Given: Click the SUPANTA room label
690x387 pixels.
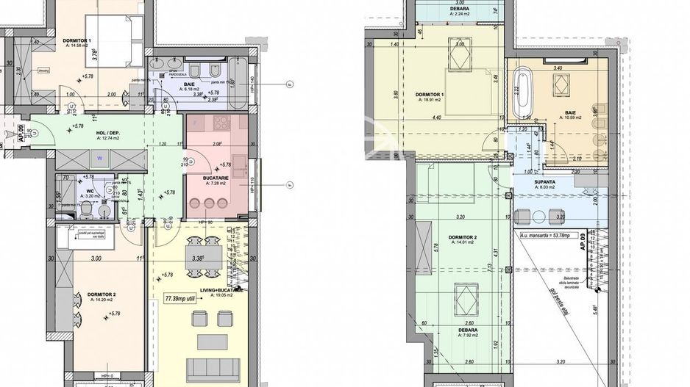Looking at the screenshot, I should [545, 181].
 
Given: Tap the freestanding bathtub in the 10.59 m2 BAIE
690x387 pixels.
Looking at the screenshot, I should [524, 93].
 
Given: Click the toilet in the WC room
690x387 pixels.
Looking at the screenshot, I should [87, 211].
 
